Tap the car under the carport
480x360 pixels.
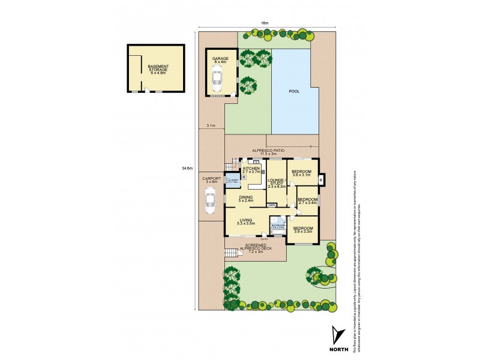(x=210, y=201)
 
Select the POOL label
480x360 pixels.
(x=294, y=92)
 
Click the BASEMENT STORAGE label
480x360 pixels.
(x=158, y=68)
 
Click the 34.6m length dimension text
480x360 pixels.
(x=187, y=168)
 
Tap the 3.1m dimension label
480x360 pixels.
(x=211, y=126)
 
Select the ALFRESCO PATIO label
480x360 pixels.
(x=272, y=152)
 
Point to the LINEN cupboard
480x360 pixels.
(x=272, y=206)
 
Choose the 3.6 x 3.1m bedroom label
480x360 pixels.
(x=301, y=173)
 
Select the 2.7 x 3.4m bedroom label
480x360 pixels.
(x=307, y=201)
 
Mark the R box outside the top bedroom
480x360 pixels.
(x=322, y=180)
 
